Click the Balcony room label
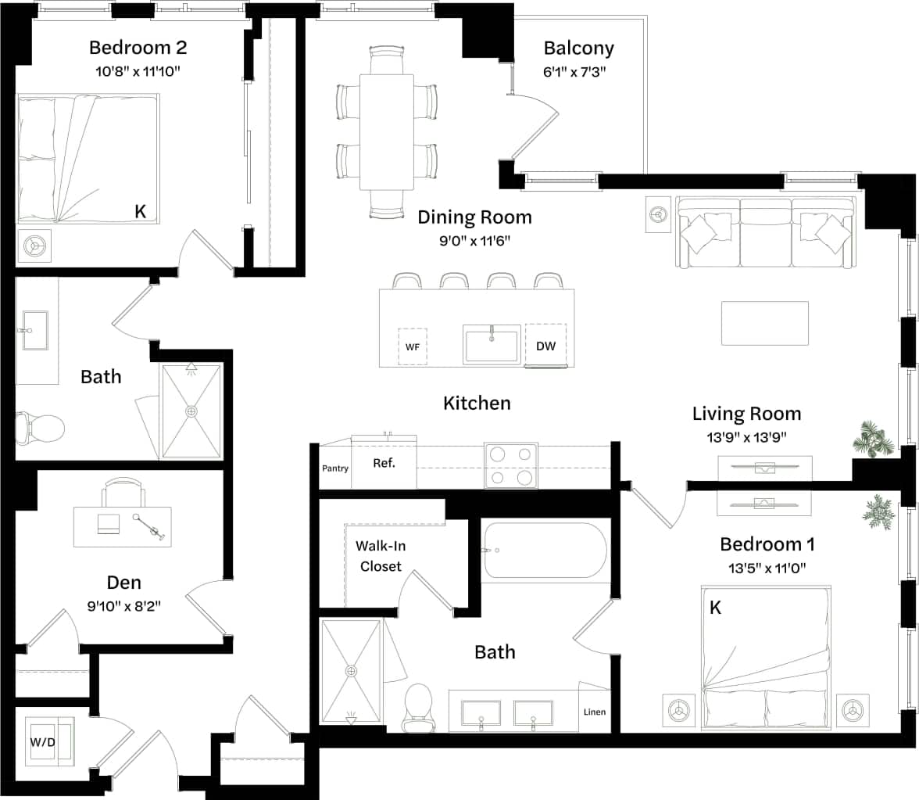578,48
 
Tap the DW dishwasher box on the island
546,346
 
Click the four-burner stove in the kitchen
511,465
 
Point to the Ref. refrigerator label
384,463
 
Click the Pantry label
335,468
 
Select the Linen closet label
594,712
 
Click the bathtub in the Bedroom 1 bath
545,551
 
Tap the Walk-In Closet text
381,556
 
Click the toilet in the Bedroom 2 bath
40,429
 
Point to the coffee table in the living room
764,323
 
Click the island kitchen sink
492,344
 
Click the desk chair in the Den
123,493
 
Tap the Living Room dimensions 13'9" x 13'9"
746,437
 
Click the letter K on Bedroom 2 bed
141,211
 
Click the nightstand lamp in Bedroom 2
35,246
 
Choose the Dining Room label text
474,217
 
